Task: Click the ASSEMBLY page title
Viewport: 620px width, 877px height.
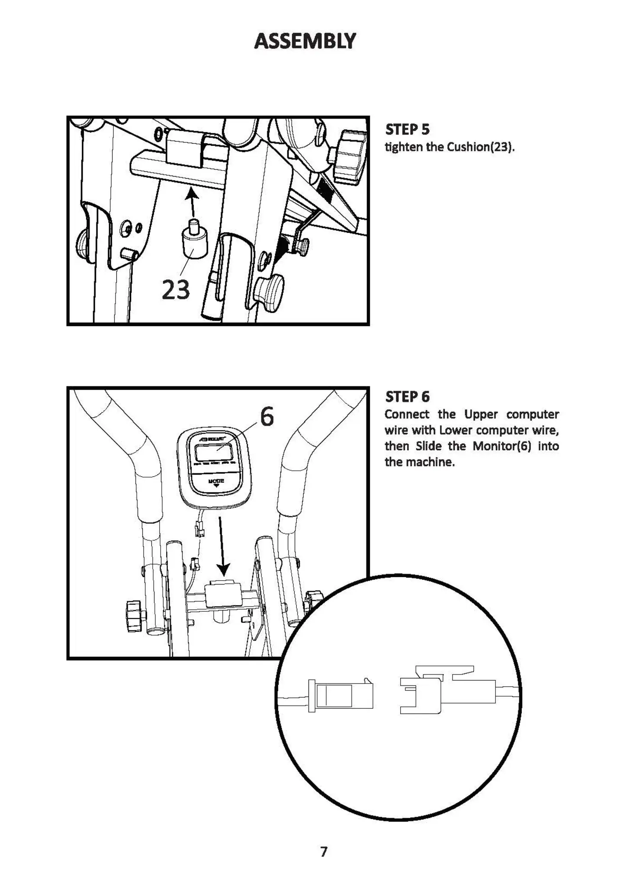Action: [305, 41]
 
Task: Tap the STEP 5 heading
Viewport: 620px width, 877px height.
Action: [407, 129]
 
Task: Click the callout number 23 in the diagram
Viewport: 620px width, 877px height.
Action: [176, 289]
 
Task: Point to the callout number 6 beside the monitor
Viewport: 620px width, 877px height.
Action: [267, 417]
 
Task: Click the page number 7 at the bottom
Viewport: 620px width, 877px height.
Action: [324, 851]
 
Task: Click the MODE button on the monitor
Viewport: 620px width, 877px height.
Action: [216, 482]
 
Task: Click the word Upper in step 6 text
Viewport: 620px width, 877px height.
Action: [481, 414]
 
